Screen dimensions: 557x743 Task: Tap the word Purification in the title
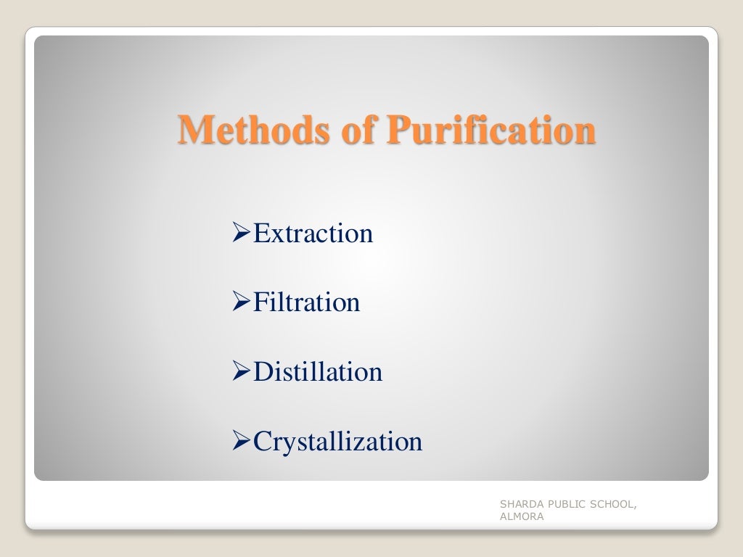(x=490, y=131)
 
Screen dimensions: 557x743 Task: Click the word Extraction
(x=313, y=234)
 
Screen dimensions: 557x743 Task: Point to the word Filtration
(x=306, y=302)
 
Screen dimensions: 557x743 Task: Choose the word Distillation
(x=318, y=372)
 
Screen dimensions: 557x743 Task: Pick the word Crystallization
(x=337, y=441)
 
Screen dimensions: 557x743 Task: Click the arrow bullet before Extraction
(x=241, y=234)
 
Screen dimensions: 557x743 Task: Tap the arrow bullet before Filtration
(x=241, y=303)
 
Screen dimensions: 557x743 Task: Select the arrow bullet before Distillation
(x=241, y=373)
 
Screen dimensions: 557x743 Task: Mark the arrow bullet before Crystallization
(x=241, y=442)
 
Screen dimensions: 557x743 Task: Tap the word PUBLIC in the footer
(x=563, y=505)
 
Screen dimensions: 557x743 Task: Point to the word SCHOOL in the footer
(x=612, y=505)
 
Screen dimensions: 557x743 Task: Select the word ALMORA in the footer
(x=521, y=517)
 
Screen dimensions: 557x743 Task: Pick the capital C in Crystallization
(x=261, y=441)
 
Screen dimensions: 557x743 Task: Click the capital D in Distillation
(x=261, y=372)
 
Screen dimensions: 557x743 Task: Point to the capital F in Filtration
(x=260, y=302)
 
